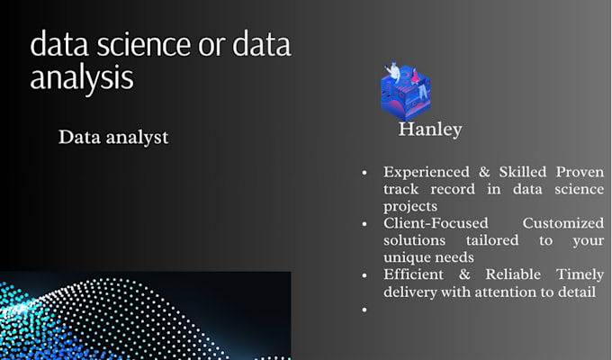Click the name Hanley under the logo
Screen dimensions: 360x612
[x=430, y=130]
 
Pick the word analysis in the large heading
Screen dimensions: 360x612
[x=81, y=77]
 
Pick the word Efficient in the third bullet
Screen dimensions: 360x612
[x=414, y=275]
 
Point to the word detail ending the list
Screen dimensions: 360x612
[x=579, y=292]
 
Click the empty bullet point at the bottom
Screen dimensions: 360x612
[x=364, y=310]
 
